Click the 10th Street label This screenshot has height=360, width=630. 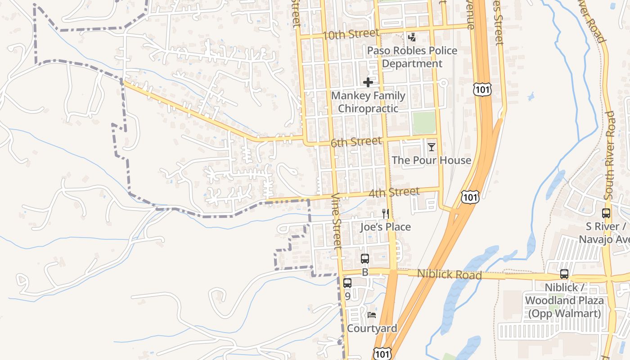coord(351,34)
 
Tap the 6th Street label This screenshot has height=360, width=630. coord(356,142)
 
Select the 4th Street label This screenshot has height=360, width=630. coord(394,193)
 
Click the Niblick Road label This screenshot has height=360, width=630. coord(449,274)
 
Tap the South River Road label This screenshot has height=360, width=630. coord(609,155)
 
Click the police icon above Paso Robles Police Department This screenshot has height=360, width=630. coord(412,37)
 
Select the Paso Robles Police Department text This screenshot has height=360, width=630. coord(412,57)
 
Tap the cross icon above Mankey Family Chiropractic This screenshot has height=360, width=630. coord(368,82)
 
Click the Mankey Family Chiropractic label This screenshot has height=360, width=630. coord(368,102)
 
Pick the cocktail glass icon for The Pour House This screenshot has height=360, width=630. coord(432,147)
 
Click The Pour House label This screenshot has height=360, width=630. coord(431,160)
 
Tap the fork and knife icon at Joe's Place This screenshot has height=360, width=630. coord(385,213)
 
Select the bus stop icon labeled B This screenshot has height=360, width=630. coord(365,259)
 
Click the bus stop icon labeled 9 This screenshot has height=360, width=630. coord(347,283)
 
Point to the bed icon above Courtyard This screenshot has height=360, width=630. coord(372,315)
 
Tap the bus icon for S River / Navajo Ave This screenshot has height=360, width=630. coord(606,213)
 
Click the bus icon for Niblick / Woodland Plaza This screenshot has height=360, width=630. coord(564,274)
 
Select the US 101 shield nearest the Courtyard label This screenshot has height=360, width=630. coord(382,353)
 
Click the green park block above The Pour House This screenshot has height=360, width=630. coord(424,122)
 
